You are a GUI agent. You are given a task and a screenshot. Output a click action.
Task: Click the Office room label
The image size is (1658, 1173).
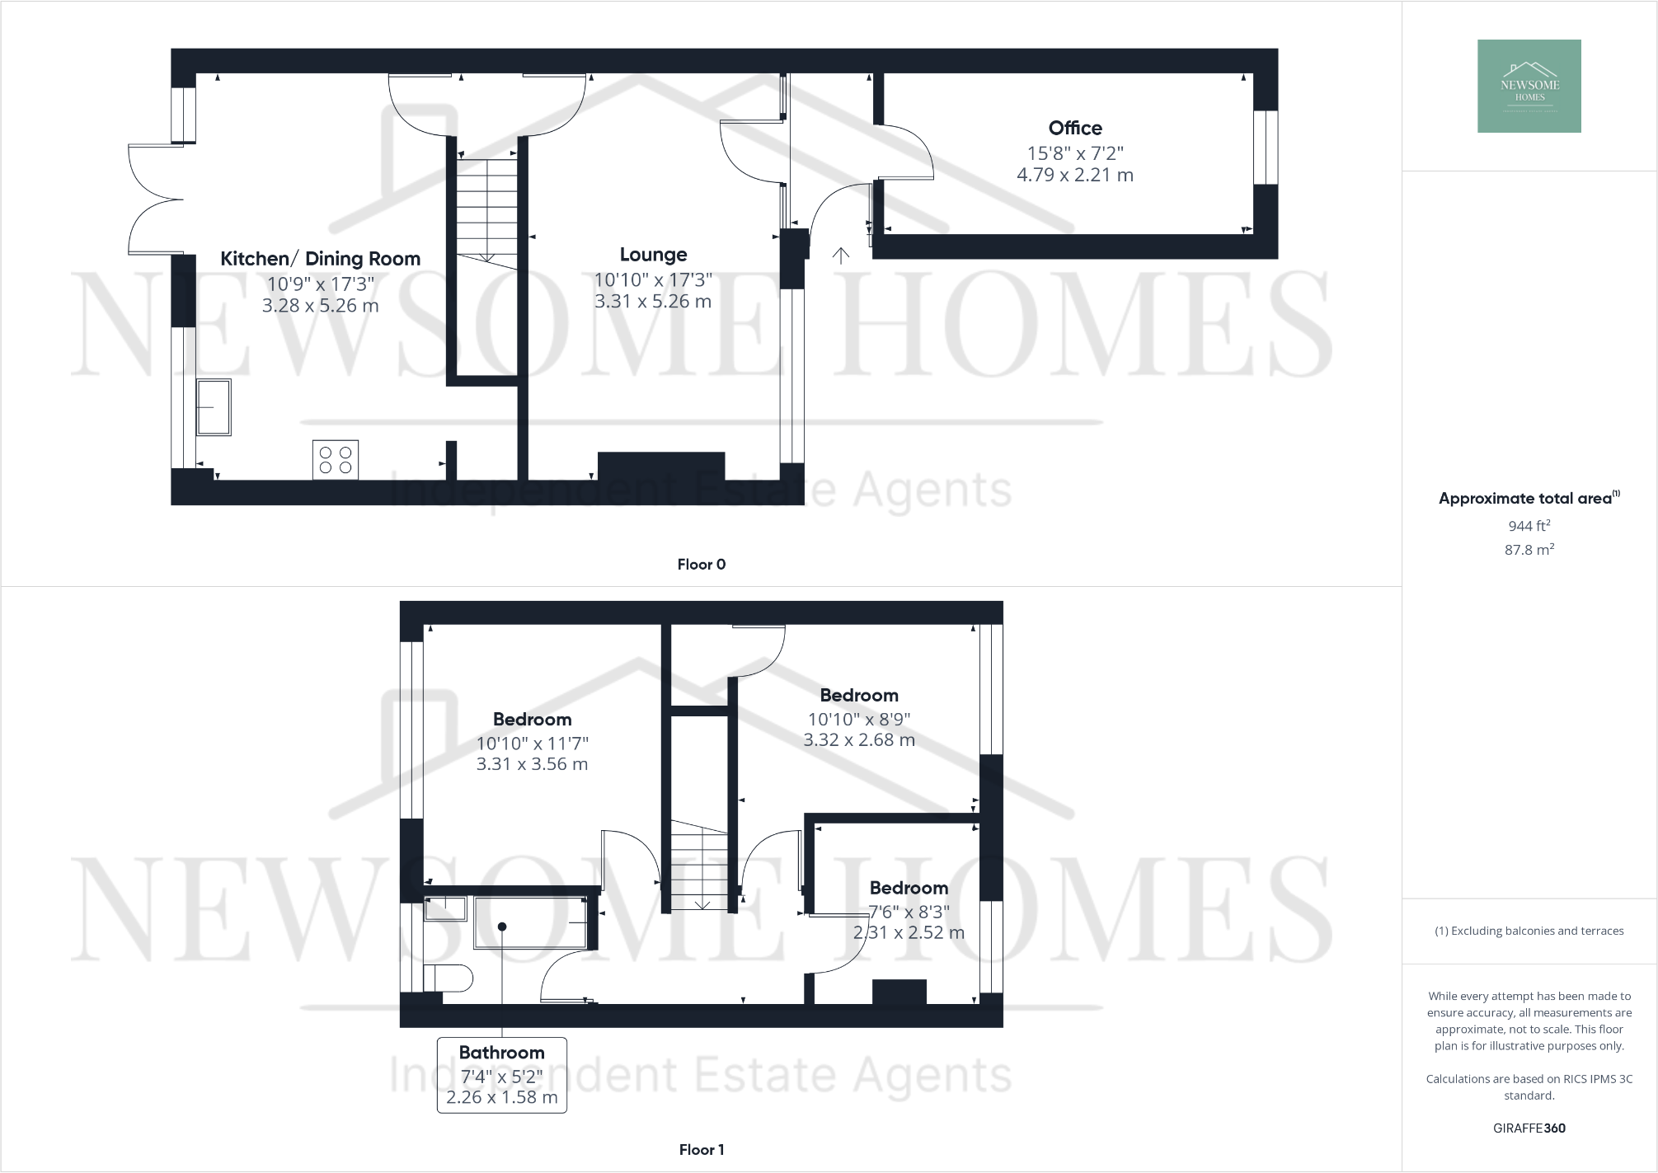[1075, 128]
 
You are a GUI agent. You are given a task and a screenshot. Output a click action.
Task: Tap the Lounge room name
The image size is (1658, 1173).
[653, 255]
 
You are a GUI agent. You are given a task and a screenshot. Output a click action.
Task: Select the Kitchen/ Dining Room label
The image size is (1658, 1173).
[320, 259]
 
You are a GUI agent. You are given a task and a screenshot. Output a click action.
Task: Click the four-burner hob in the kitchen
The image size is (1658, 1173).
[336, 459]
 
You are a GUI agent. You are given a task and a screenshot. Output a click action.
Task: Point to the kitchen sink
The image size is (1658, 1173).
[214, 407]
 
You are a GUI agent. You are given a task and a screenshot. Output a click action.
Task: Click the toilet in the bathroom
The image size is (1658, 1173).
[448, 978]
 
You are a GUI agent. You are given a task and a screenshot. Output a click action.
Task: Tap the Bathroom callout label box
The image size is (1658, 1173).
[501, 1075]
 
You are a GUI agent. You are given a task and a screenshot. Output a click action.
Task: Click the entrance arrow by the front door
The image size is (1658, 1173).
[840, 256]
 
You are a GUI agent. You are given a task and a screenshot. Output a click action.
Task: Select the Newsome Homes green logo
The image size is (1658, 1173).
[1529, 86]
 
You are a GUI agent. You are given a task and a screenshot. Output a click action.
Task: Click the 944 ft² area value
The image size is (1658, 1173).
[1529, 526]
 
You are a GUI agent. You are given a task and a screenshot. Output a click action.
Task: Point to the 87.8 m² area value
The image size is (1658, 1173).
[1529, 550]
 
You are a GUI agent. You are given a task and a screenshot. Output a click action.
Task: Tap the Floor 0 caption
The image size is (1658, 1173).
[701, 565]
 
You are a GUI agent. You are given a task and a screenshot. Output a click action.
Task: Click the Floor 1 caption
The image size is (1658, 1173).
[701, 1150]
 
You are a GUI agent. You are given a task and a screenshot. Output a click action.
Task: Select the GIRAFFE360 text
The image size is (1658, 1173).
[1529, 1128]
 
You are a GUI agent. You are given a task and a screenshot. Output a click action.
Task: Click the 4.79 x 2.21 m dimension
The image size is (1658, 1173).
[1074, 175]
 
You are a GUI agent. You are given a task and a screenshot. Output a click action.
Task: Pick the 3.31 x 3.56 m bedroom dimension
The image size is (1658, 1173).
[532, 764]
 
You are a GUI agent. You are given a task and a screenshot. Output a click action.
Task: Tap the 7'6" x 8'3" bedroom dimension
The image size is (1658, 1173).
[909, 912]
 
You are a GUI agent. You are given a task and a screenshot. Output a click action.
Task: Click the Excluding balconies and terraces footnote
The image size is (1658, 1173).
[1529, 931]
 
